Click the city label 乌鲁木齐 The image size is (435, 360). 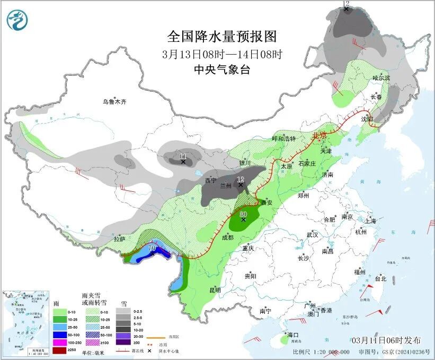click(x=115, y=101)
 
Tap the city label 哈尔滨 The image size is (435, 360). click(x=380, y=77)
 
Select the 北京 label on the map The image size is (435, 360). click(x=320, y=136)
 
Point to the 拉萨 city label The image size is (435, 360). click(x=120, y=239)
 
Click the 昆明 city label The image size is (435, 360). click(x=215, y=290)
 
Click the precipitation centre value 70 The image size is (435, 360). click(x=152, y=248)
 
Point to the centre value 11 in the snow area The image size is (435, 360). click(x=183, y=156)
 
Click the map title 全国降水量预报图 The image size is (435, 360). click(x=222, y=37)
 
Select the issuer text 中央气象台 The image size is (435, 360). click(x=221, y=69)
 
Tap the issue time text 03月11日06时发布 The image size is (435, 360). click(x=386, y=340)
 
